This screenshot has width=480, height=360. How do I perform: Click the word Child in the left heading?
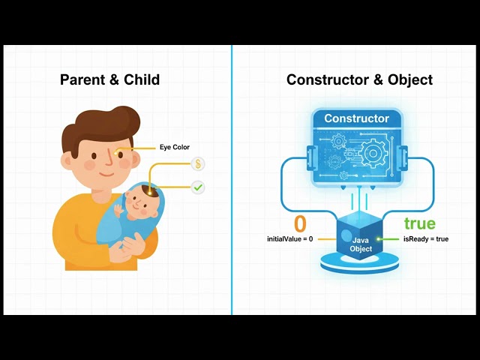point(142,79)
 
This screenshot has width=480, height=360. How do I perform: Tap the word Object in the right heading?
point(410,80)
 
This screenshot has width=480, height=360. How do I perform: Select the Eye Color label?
point(175,147)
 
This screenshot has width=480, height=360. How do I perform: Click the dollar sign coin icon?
point(198,164)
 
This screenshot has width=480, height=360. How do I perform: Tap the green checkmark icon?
point(198,187)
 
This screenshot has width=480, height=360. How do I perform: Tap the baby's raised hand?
point(118,210)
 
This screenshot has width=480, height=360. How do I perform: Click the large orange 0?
point(300,223)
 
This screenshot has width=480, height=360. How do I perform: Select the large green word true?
point(420,223)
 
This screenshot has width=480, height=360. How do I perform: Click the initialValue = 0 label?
point(290,239)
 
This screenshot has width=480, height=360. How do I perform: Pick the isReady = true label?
point(426,239)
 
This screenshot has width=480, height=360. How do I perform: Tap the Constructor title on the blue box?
point(357,118)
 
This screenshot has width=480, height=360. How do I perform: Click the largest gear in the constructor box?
point(373,153)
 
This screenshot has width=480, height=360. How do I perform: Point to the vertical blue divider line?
point(232,180)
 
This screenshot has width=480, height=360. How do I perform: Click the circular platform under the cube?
point(360,264)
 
